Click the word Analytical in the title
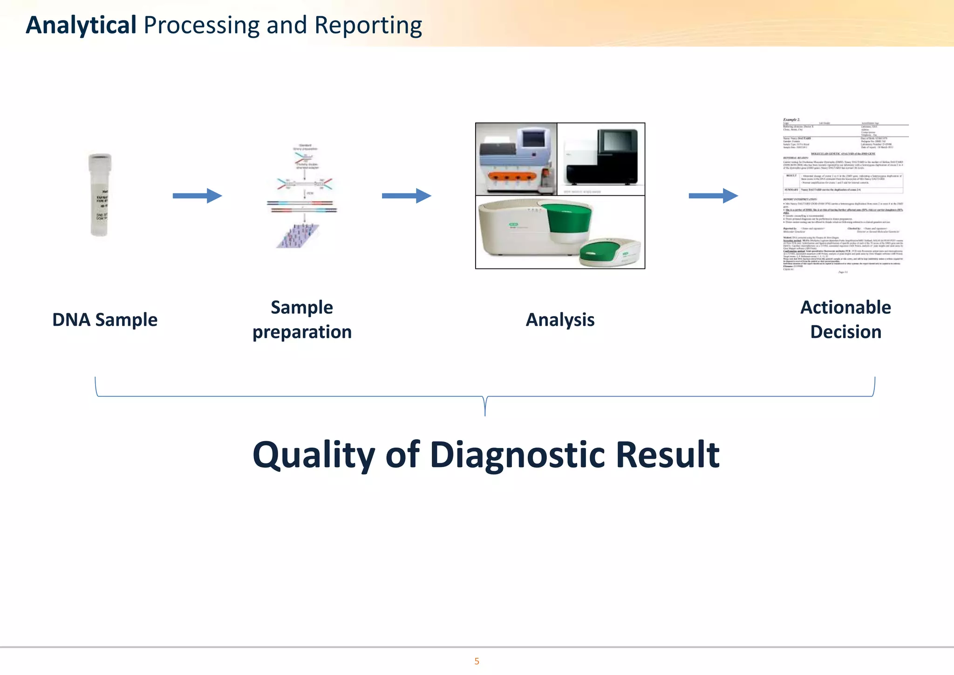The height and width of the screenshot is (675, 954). (81, 25)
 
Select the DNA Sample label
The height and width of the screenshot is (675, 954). (105, 320)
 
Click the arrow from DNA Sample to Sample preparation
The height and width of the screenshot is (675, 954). (197, 196)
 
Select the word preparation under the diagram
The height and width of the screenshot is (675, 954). (302, 332)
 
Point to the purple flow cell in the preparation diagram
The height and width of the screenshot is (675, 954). (298, 236)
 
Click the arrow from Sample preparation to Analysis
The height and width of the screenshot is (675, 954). (406, 196)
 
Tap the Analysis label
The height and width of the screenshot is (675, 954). (560, 320)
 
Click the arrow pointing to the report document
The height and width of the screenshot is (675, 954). (713, 196)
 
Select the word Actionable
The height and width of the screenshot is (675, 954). (845, 308)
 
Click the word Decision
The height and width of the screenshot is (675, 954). (845, 332)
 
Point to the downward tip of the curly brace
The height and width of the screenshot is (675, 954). (485, 414)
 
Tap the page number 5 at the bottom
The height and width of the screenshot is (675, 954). (477, 661)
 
